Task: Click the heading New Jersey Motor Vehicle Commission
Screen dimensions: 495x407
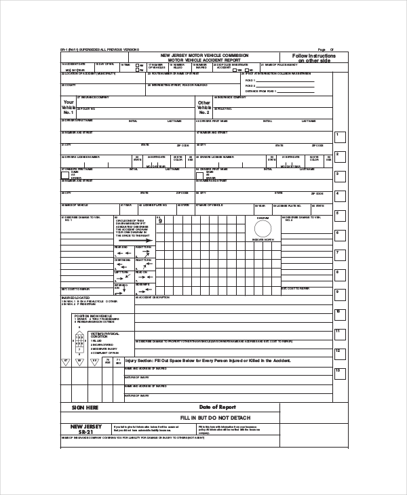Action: pyautogui.click(x=204, y=54)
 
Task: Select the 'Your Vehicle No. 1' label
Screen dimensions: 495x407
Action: pyautogui.click(x=72, y=107)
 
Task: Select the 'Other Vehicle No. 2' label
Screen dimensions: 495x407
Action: pyautogui.click(x=204, y=107)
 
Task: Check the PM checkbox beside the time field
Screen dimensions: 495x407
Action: pyautogui.click(x=138, y=70)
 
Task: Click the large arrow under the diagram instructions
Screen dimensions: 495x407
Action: pyautogui.click(x=140, y=239)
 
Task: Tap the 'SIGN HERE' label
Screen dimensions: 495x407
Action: pyautogui.click(x=85, y=408)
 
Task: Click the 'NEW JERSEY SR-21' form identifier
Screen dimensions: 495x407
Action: pyautogui.click(x=85, y=429)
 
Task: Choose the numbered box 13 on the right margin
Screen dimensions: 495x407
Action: pyautogui.click(x=341, y=371)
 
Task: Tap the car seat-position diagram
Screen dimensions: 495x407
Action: pyautogui.click(x=79, y=340)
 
